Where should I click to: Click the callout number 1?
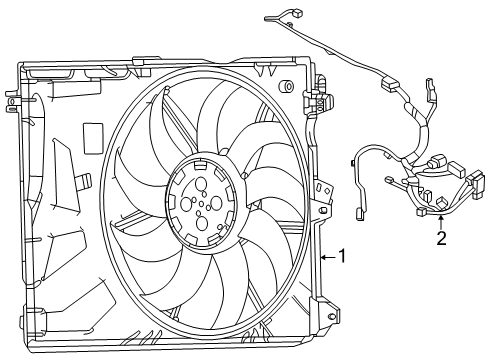click(342, 256)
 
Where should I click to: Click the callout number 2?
click(441, 238)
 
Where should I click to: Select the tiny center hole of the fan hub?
click(204, 207)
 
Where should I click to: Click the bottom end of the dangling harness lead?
click(359, 212)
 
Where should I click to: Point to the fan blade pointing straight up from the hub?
click(215, 120)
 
